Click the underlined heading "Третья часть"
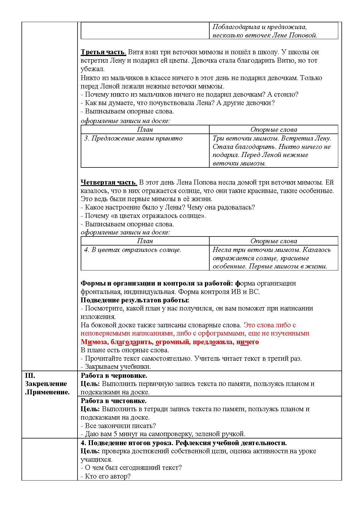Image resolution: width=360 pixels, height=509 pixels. point(103,52)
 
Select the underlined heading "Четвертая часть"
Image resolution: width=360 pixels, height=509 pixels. point(108,183)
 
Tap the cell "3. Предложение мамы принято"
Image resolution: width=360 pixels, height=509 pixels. point(133,138)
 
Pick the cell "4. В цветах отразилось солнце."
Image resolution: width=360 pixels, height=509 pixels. point(133,250)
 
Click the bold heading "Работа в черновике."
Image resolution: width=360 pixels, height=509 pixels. point(114,376)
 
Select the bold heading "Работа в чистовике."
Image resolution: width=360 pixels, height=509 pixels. point(114,401)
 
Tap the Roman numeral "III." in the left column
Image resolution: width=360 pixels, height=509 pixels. point(30,376)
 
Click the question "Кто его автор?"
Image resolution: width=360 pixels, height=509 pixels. point(108,476)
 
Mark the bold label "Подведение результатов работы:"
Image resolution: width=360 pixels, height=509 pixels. point(135,300)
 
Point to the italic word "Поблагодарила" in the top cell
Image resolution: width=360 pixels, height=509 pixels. point(236,27)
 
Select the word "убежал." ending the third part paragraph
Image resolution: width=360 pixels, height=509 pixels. point(93,69)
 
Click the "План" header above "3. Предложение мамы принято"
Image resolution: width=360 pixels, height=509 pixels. point(145,130)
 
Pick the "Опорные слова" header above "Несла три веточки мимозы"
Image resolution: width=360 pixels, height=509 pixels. point(273,241)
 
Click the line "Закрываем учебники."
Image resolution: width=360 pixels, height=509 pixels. point(118,367)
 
